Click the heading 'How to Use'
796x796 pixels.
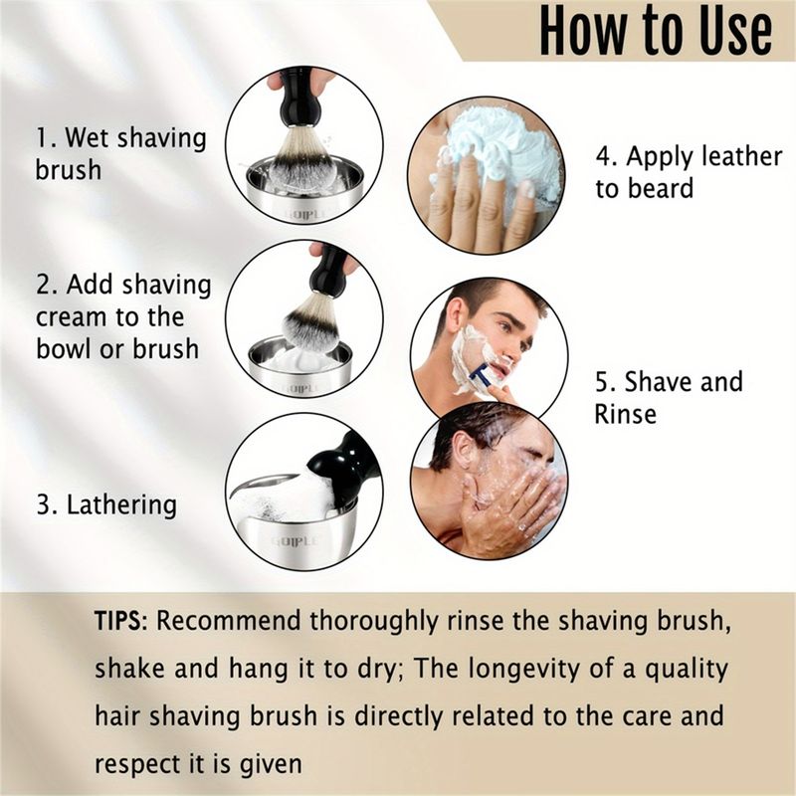point(656,31)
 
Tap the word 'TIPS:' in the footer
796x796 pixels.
point(120,621)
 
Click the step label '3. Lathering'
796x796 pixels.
point(106,504)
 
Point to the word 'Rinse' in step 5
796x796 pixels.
point(626,414)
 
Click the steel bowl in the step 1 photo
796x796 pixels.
point(304,190)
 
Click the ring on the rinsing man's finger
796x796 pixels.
point(521,527)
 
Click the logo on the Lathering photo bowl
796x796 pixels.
point(296,541)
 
